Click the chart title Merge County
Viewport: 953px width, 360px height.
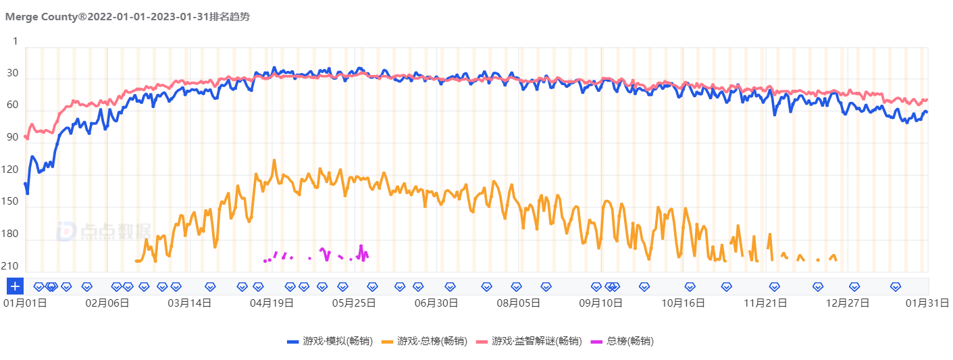(x=127, y=17)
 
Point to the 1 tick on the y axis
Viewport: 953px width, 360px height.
(x=16, y=41)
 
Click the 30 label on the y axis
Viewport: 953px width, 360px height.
(x=13, y=74)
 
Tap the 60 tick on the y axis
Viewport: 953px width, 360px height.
(x=13, y=105)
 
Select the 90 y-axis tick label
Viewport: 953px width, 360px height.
(x=13, y=138)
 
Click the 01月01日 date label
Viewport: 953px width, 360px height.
(x=25, y=303)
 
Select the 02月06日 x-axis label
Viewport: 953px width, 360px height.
(x=107, y=303)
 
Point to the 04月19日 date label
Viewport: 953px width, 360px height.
(x=272, y=303)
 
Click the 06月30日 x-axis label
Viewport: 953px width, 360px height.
(x=436, y=303)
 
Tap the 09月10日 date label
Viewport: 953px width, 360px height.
(x=600, y=303)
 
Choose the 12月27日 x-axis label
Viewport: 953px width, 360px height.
(x=847, y=303)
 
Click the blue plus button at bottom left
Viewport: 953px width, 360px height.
(x=15, y=286)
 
